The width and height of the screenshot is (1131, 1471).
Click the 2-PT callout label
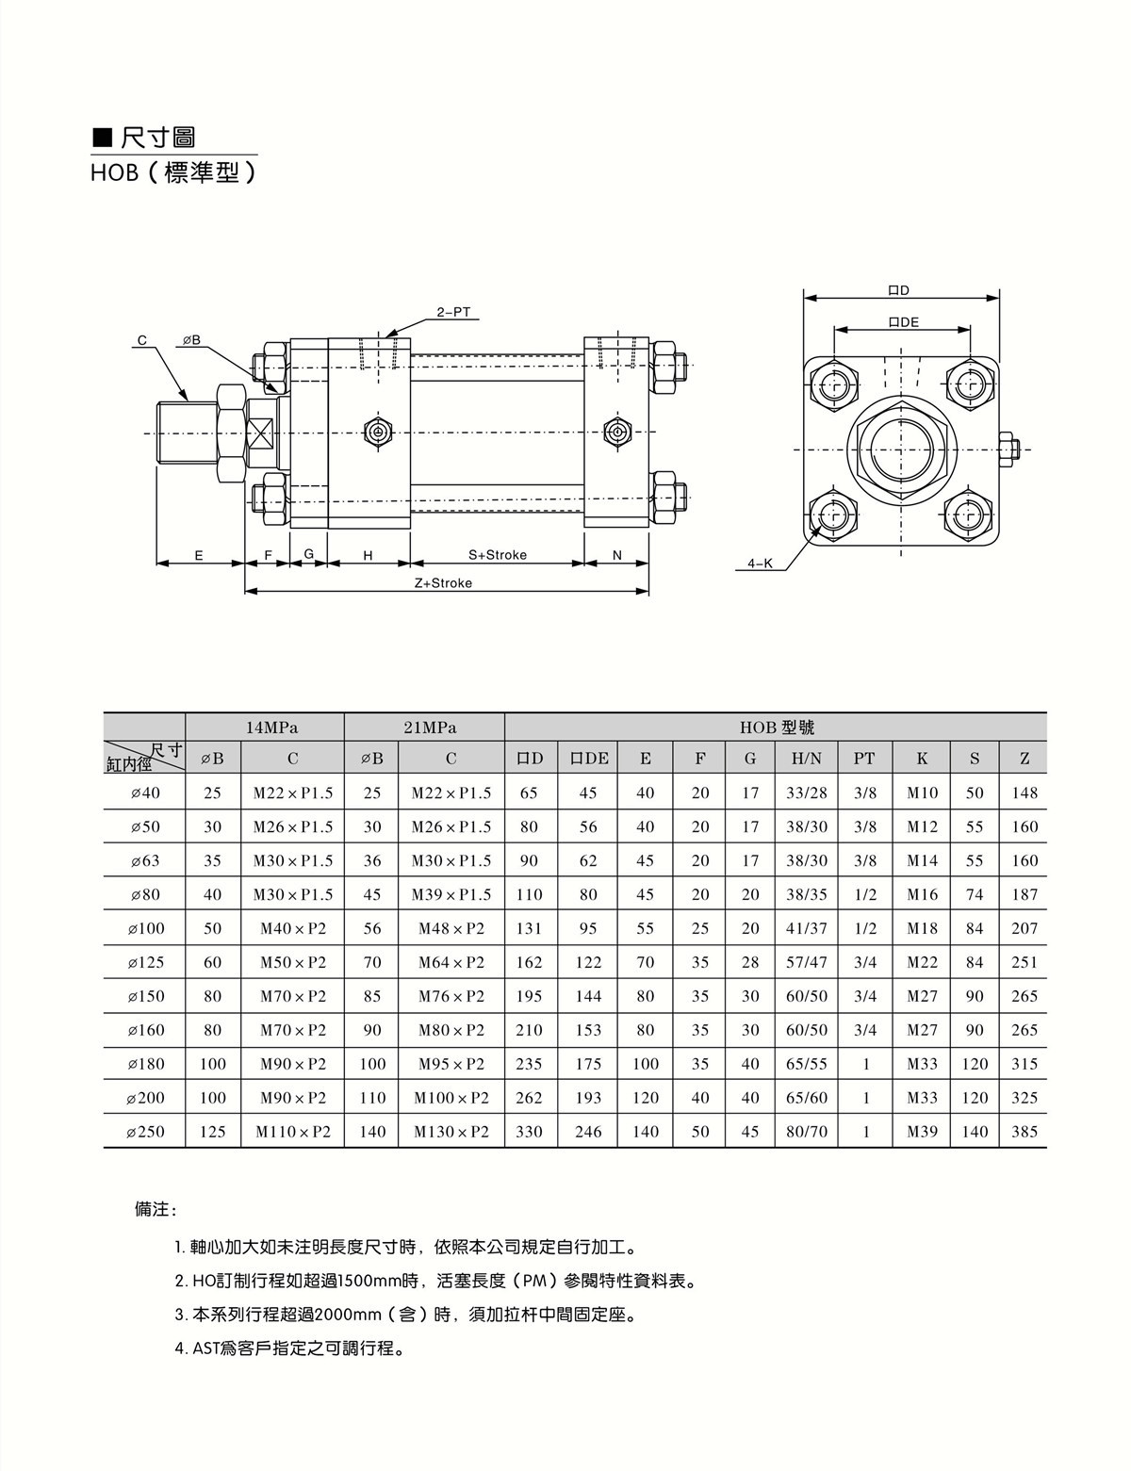(x=453, y=312)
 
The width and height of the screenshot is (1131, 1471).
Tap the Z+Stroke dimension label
(x=443, y=583)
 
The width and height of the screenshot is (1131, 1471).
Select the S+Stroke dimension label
(x=498, y=555)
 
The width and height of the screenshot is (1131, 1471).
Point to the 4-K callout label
(x=760, y=564)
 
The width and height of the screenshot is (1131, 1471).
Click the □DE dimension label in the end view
(x=903, y=322)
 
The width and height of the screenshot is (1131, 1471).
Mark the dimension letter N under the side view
(x=617, y=555)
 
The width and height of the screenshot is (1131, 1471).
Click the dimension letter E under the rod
(x=199, y=555)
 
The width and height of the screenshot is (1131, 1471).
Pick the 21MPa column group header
(x=425, y=727)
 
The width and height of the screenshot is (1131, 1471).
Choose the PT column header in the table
(x=864, y=758)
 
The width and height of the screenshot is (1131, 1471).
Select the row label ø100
(x=146, y=928)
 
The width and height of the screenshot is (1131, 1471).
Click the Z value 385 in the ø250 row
(x=1024, y=1132)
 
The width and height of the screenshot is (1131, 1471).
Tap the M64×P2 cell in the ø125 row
(x=451, y=962)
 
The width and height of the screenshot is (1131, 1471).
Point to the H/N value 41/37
(x=807, y=928)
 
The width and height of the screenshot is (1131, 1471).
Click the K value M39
(x=922, y=1132)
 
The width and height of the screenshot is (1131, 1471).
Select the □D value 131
(x=530, y=928)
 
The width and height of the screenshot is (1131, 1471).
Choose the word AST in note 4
(x=205, y=1348)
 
